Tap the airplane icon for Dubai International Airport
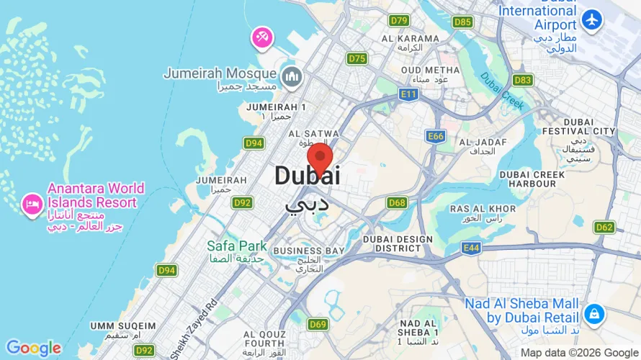pos(593,20)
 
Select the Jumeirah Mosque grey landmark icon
pos(292,75)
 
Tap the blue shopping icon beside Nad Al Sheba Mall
pos(594,314)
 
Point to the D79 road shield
pos(399,20)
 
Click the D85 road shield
pos(463,22)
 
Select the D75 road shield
pos(357,58)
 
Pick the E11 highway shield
pos(409,94)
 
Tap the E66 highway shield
pos(435,135)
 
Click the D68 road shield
pos(397,202)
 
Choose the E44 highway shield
pos(471,248)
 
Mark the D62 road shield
pos(604,228)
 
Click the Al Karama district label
pos(411,39)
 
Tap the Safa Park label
pos(237,246)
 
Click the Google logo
pos(33,348)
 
